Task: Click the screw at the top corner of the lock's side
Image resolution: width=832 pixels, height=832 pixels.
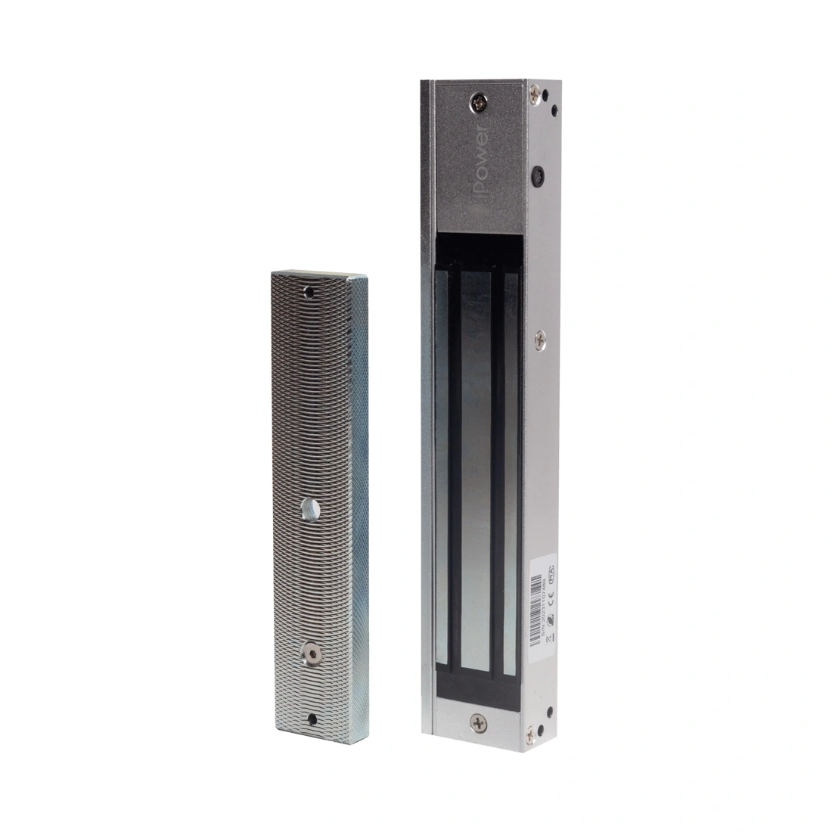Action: click(536, 94)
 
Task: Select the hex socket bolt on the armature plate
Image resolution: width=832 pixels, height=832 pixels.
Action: click(309, 652)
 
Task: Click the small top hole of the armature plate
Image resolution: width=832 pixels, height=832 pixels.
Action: click(308, 290)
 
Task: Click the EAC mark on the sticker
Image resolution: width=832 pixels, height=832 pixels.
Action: click(551, 573)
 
